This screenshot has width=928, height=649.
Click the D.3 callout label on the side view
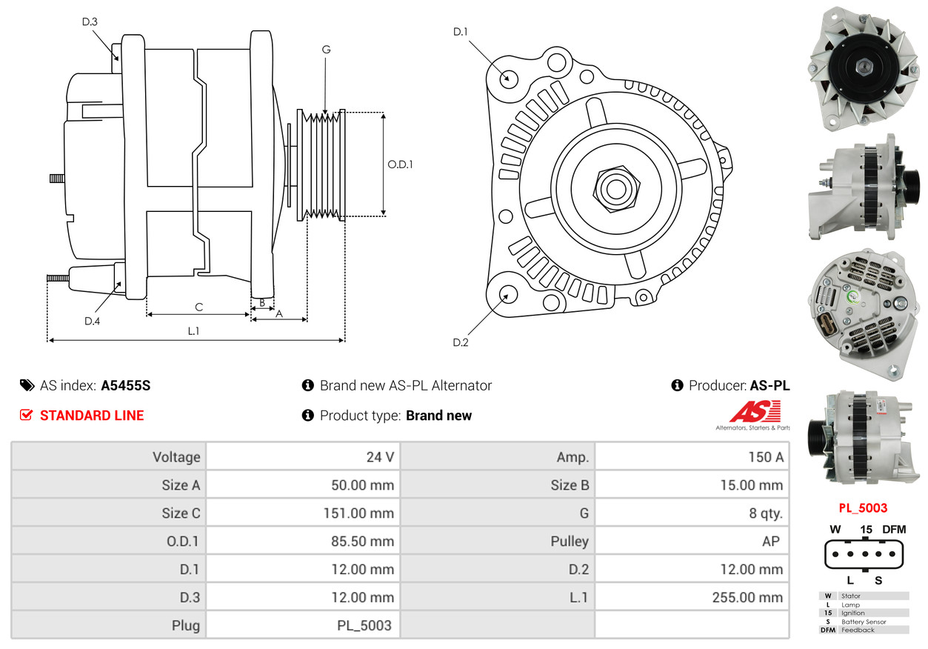click(x=90, y=21)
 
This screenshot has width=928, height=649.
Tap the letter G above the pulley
click(x=326, y=50)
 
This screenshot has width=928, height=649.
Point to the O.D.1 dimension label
click(x=400, y=164)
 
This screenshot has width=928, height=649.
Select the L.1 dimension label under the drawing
click(x=193, y=330)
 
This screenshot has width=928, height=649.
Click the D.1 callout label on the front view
click(x=460, y=32)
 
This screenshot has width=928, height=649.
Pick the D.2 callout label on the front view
click(x=460, y=342)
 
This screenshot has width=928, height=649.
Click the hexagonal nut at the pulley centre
click(x=616, y=190)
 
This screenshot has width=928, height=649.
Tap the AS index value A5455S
click(x=126, y=385)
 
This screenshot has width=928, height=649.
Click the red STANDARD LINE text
click(x=92, y=416)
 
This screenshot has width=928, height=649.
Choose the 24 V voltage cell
click(x=380, y=456)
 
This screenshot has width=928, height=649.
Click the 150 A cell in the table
click(x=766, y=456)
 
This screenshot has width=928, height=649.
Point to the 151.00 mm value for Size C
click(x=358, y=513)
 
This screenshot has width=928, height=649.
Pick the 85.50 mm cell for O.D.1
click(x=362, y=541)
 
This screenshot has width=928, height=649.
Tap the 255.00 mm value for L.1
click(x=748, y=597)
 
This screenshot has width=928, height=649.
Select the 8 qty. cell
click(x=766, y=513)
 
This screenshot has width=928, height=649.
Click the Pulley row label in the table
click(x=570, y=542)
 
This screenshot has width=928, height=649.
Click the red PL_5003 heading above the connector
click(x=863, y=507)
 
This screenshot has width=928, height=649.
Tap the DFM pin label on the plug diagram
click(x=894, y=529)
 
